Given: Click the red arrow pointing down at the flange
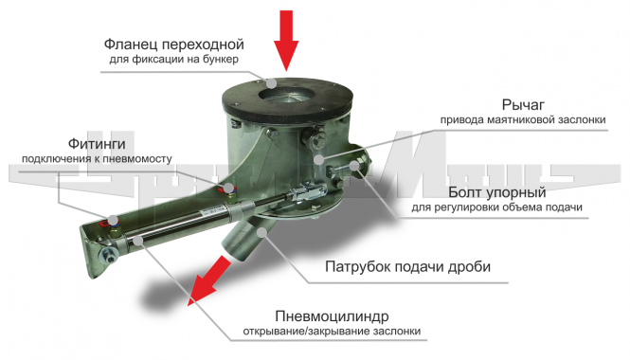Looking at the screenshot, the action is click(286, 40).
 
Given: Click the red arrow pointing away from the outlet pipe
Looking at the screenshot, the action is click(209, 280).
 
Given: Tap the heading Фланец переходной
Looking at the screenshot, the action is click(174, 45).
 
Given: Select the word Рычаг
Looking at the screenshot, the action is click(523, 105).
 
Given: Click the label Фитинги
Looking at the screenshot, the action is click(97, 143).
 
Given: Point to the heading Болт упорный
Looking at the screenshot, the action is click(497, 192).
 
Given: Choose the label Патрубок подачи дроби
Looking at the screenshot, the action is click(407, 267).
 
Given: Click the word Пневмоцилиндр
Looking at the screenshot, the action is click(332, 316).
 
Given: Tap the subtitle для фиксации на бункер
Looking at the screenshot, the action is click(174, 60).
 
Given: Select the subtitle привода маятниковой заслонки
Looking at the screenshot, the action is click(523, 120).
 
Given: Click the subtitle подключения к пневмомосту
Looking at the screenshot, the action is click(97, 159).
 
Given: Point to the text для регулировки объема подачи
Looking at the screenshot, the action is click(496, 207).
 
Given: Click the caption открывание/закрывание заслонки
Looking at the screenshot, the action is click(332, 332).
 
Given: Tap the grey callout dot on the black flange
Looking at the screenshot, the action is click(272, 83).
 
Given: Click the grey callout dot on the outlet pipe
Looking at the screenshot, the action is click(261, 232).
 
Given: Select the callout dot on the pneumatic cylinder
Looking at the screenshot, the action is click(138, 241).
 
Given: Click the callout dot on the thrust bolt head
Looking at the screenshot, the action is click(354, 166).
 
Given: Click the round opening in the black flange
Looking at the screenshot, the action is click(286, 96).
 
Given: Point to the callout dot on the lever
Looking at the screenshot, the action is click(318, 160).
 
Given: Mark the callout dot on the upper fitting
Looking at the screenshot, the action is click(229, 188).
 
